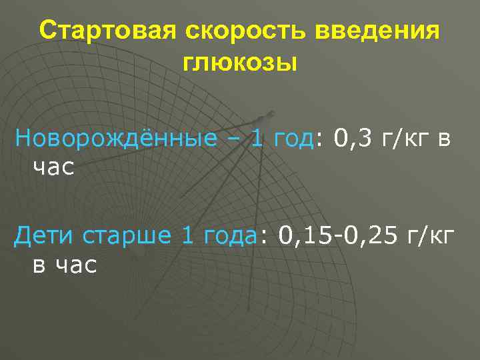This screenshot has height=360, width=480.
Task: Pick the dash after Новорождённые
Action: point(234,140)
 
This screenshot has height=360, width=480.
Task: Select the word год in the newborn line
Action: point(291,139)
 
